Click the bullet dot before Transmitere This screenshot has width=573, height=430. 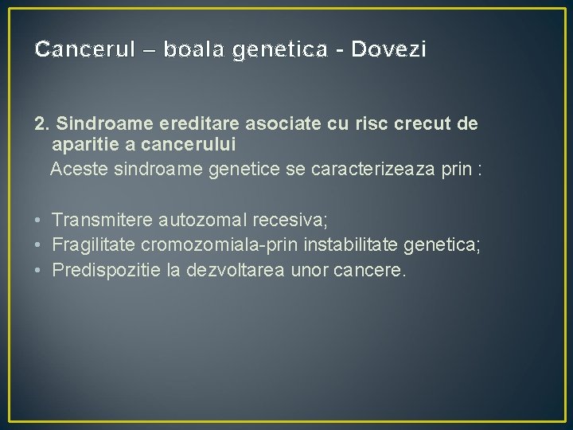38,220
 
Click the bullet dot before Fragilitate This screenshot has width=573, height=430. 38,245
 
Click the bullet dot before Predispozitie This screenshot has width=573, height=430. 38,271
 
